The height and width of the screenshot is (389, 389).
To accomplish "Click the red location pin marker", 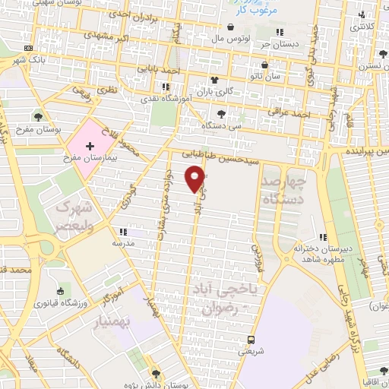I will pos(196,179).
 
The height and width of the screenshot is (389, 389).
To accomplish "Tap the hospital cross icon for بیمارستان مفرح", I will pos(90,144).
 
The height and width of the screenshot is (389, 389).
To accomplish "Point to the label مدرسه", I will pos(123,243).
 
